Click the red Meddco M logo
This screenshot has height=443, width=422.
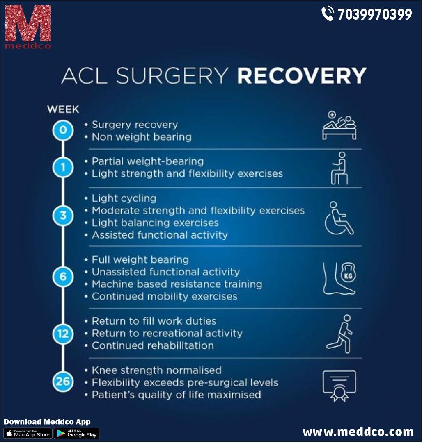pyautogui.click(x=28, y=23)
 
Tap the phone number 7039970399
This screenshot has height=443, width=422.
pyautogui.click(x=374, y=14)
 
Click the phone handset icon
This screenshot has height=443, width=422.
pyautogui.click(x=328, y=14)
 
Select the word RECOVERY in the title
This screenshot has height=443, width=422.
pyautogui.click(x=302, y=76)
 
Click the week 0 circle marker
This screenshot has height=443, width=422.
pyautogui.click(x=63, y=131)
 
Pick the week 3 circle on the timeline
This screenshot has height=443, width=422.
pyautogui.click(x=63, y=216)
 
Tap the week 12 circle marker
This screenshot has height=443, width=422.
pyautogui.click(x=63, y=334)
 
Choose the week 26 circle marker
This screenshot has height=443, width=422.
pyautogui.click(x=63, y=382)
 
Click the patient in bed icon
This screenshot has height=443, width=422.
pyautogui.click(x=339, y=126)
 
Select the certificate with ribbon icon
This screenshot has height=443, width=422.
pyautogui.click(x=339, y=386)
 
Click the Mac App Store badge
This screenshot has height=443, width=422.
pyautogui.click(x=28, y=434)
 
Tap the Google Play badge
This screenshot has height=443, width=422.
pyautogui.click(x=77, y=434)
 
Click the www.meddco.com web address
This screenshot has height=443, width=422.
pyautogui.click(x=358, y=432)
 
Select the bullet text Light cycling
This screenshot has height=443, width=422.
pyautogui.click(x=124, y=198)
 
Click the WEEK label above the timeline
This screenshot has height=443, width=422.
pyautogui.click(x=63, y=109)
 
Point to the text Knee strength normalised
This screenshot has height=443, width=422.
pyautogui.click(x=156, y=370)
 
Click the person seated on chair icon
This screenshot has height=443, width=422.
pyautogui.click(x=339, y=168)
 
